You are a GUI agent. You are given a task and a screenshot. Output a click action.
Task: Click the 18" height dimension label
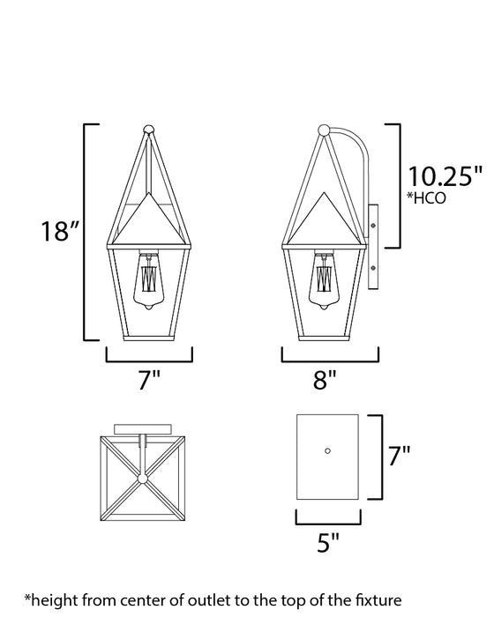63,233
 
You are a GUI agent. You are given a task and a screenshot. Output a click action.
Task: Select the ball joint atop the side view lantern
326,132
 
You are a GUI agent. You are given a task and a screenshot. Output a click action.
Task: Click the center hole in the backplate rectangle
327,450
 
